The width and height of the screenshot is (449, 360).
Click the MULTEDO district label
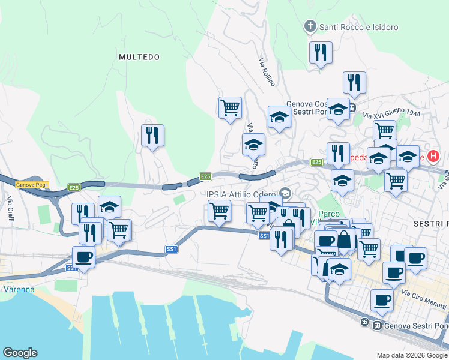[x=139, y=57]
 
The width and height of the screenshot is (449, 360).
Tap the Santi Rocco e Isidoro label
[x=358, y=27]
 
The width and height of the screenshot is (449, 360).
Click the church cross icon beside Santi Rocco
[x=310, y=26]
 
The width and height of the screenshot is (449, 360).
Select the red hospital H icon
[x=433, y=157]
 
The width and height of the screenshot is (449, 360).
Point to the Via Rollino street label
[x=266, y=72]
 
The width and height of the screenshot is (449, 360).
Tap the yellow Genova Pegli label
[x=32, y=185]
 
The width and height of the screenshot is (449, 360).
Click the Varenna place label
[x=17, y=289]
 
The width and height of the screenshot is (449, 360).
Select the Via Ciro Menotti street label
[x=423, y=299]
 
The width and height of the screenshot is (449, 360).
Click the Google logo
[x=20, y=353]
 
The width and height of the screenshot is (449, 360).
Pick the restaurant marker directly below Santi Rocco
[x=321, y=52]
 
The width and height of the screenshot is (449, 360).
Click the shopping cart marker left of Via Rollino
[x=230, y=107]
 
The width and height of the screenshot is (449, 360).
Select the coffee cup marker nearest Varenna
[x=83, y=257]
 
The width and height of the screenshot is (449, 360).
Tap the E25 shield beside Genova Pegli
[x=74, y=188]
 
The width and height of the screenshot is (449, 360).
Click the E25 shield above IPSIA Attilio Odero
[x=206, y=176]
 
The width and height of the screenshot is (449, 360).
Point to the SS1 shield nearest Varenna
[x=72, y=268]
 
